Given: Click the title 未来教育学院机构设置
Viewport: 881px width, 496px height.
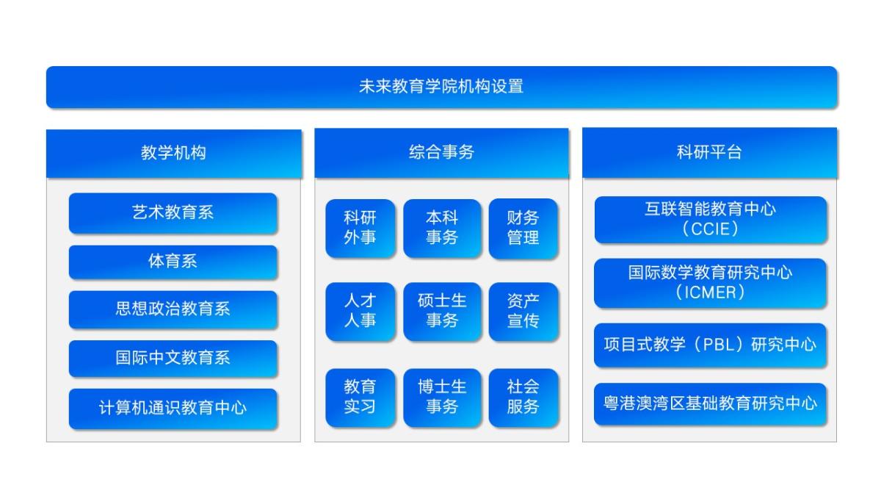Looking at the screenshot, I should point(441,87).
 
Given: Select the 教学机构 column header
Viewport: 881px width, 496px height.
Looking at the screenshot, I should point(173,154).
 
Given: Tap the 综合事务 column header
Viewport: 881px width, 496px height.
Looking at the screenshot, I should point(441,153).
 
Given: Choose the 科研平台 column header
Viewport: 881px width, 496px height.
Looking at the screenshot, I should point(709,153).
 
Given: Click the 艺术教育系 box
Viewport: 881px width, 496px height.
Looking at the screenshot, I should point(173,213).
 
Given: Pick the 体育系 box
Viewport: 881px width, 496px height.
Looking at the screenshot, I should point(173,262).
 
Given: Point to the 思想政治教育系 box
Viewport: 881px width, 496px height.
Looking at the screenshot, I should point(173,309).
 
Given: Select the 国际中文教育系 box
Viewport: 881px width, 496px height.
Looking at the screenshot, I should point(173,358).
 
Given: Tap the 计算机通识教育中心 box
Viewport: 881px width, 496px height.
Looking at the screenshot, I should point(173,408).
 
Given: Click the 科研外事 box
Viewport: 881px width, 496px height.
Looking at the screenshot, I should point(360,228).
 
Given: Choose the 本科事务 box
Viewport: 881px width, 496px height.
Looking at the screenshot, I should point(442,228).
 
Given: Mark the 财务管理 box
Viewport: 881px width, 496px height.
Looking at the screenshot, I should point(523,228).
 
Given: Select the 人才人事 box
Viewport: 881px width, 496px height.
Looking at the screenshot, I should point(360,311).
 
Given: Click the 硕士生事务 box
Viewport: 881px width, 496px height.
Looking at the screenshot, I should point(442,311).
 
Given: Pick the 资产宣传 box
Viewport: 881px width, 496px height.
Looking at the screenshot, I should point(523,311).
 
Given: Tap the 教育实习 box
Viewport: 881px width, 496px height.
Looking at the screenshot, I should point(360,397).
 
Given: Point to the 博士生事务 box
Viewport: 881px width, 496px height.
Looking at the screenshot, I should point(442,397).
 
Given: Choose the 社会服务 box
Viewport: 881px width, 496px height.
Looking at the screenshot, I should point(523,397).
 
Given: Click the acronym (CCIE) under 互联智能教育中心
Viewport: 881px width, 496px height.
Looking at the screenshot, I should point(710,229).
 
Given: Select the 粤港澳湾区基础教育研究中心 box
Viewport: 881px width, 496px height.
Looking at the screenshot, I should point(710,403).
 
